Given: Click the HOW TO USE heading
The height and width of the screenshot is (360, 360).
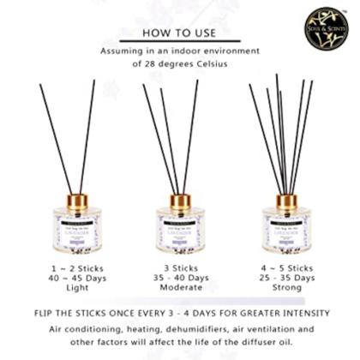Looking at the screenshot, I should (179, 34).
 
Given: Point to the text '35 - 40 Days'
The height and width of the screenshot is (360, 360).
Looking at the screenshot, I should (181, 279).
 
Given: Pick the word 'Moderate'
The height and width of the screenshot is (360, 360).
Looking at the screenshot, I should (181, 291).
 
